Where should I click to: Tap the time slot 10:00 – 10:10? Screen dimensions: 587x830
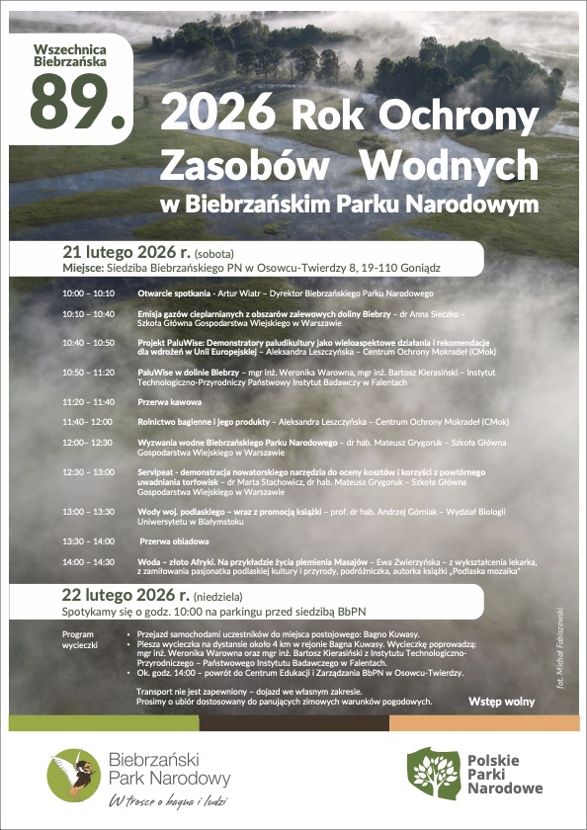coord(88,293)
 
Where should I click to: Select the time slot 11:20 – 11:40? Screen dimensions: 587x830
coord(88,402)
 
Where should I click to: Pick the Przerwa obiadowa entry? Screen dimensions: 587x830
coord(174,541)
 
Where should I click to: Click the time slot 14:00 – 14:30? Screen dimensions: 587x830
coord(88,561)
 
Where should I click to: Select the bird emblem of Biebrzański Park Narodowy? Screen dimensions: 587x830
coord(72,774)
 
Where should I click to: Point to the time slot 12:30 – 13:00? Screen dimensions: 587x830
coord(88,472)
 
